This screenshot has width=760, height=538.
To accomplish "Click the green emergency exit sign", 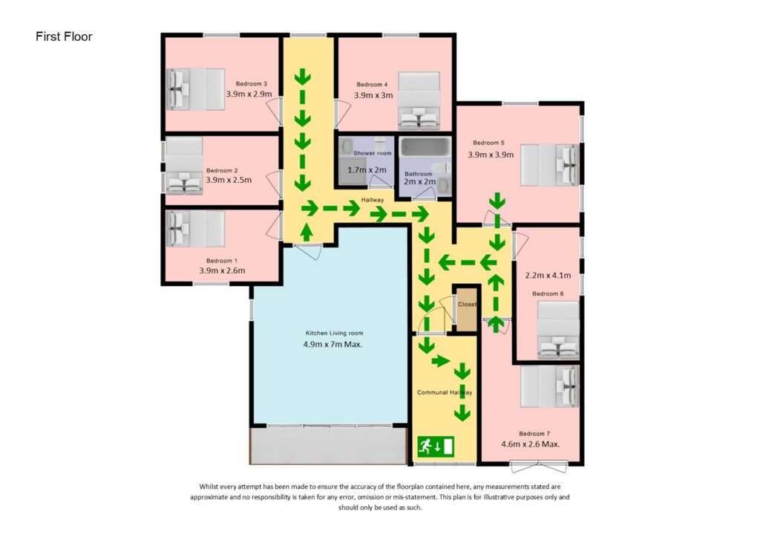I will (435, 446).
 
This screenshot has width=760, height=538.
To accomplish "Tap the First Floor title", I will (64, 36).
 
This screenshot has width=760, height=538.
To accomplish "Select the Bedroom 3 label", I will (251, 83).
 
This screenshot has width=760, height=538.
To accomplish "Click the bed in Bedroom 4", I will (419, 100).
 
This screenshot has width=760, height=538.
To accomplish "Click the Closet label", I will (467, 305).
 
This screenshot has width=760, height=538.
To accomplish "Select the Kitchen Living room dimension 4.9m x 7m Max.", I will (334, 345).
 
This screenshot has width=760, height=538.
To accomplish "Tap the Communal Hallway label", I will (445, 392).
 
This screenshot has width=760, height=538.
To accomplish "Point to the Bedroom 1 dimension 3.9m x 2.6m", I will (222, 270).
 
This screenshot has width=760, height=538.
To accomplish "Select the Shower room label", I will (372, 153).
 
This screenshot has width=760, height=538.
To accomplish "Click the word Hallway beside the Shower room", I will (372, 200).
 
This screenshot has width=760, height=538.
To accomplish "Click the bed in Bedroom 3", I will (195, 88).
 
